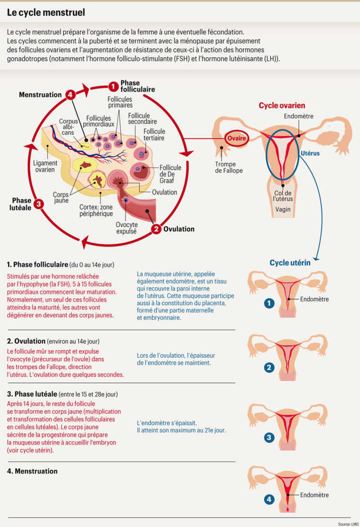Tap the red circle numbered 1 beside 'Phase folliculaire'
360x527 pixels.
pos(113,87)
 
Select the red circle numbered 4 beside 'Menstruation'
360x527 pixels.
pos(71,95)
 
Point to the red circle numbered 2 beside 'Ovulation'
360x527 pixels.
pos(156,229)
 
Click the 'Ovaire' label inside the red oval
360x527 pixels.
pos(237,138)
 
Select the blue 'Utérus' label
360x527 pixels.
pos(310,153)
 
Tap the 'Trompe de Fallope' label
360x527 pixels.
pos(229,167)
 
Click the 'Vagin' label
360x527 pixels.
pos(283,209)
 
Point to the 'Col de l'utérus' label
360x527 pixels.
pos(283,195)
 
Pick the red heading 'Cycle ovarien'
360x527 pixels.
pos(282,105)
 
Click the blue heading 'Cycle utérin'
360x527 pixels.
pos(290,263)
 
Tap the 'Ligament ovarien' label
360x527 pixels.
pos(44,166)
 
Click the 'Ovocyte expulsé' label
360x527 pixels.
pos(126,227)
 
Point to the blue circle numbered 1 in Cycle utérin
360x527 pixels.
pos(270,303)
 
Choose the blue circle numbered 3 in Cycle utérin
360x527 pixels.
pos(270,438)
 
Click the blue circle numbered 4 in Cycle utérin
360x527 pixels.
pos(270,500)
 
